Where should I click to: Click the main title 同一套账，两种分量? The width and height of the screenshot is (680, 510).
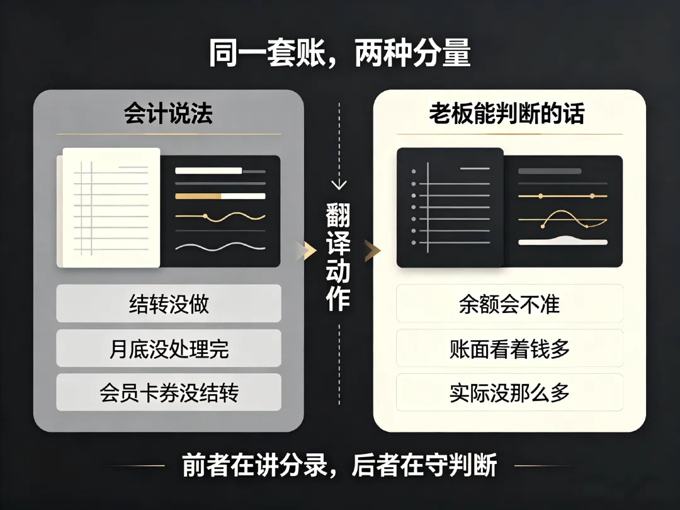pos(340,55)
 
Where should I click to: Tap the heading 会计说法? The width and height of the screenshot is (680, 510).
pos(169,114)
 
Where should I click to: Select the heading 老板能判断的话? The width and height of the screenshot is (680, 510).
pos(507,114)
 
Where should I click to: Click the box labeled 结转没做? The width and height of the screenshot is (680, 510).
pos(169,303)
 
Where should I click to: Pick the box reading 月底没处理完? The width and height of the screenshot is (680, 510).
pos(169,348)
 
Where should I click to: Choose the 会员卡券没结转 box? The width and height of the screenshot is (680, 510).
pos(169,392)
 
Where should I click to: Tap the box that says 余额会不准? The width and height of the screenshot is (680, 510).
pos(509,303)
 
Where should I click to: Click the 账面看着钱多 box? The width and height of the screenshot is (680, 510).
pos(509,348)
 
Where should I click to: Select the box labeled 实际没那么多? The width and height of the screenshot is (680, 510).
pos(509,392)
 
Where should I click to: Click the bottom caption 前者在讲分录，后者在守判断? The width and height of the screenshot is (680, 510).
pos(340,465)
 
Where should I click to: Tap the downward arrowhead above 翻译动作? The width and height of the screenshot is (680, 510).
pos(339,184)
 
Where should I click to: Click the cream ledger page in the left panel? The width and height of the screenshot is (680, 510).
pos(111,208)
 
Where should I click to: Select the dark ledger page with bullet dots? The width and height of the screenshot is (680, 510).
pos(450,208)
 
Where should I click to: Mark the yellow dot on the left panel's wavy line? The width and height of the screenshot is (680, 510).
pos(205,216)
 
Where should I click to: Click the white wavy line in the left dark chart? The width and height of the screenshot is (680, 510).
pos(220,246)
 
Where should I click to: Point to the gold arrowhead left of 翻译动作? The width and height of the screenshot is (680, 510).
pos(309,251)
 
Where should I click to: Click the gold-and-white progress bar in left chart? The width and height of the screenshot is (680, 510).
pos(220,196)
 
